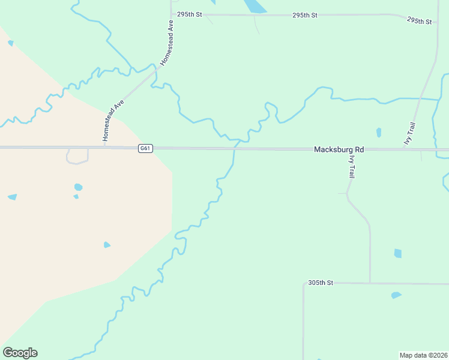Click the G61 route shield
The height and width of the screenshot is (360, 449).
(144, 148)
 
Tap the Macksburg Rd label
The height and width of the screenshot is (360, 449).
(339, 149)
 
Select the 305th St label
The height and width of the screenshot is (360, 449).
(320, 282)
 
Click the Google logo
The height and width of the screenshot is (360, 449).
(20, 353)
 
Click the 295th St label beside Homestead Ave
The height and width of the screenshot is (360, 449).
(188, 13)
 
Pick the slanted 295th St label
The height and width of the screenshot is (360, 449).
(420, 20)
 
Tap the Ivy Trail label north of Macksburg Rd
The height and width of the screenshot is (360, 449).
(410, 133)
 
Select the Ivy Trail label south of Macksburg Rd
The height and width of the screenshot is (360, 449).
(352, 165)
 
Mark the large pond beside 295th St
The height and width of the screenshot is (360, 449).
(255, 5)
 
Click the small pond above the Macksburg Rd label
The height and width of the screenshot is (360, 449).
(378, 132)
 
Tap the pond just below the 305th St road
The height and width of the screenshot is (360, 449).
(396, 295)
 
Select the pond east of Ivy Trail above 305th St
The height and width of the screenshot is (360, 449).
(397, 253)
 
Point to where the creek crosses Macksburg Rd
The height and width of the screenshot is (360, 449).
(234, 148)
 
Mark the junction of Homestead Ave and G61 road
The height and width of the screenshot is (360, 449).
(104, 147)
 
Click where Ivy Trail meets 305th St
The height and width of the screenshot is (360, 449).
(370, 283)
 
